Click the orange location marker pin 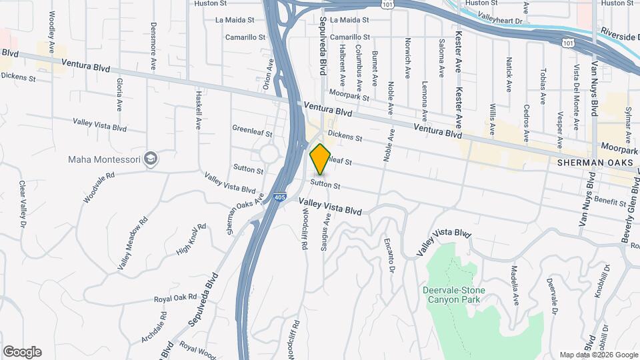click(x=321, y=159)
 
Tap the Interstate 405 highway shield click(x=281, y=198)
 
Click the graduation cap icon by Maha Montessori click(x=151, y=159)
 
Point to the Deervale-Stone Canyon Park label click(x=453, y=294)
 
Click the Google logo click(x=22, y=352)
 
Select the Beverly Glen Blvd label click(x=628, y=204)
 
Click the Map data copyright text click(x=598, y=355)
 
